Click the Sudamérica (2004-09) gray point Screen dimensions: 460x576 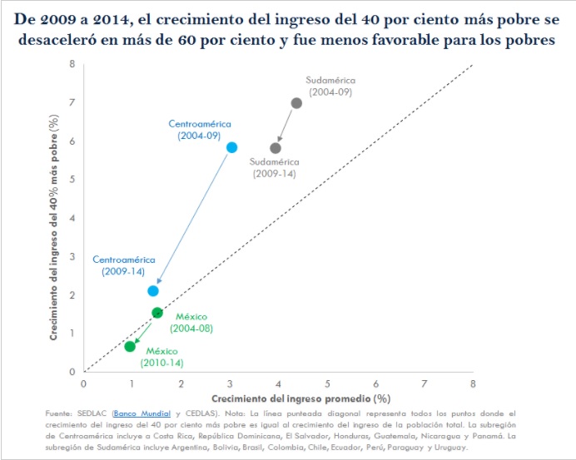(296, 103)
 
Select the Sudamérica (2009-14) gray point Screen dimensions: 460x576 (276, 148)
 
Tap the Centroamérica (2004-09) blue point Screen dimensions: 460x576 (231, 147)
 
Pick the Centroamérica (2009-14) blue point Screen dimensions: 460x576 (153, 291)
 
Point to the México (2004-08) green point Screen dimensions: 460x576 (157, 313)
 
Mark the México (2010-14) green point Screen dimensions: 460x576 (130, 346)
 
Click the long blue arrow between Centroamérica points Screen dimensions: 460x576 (192, 219)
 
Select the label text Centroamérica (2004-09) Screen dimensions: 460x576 (200, 129)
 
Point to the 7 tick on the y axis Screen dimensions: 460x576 (72, 103)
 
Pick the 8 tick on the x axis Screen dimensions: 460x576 (473, 384)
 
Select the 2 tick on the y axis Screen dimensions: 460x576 (72, 295)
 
